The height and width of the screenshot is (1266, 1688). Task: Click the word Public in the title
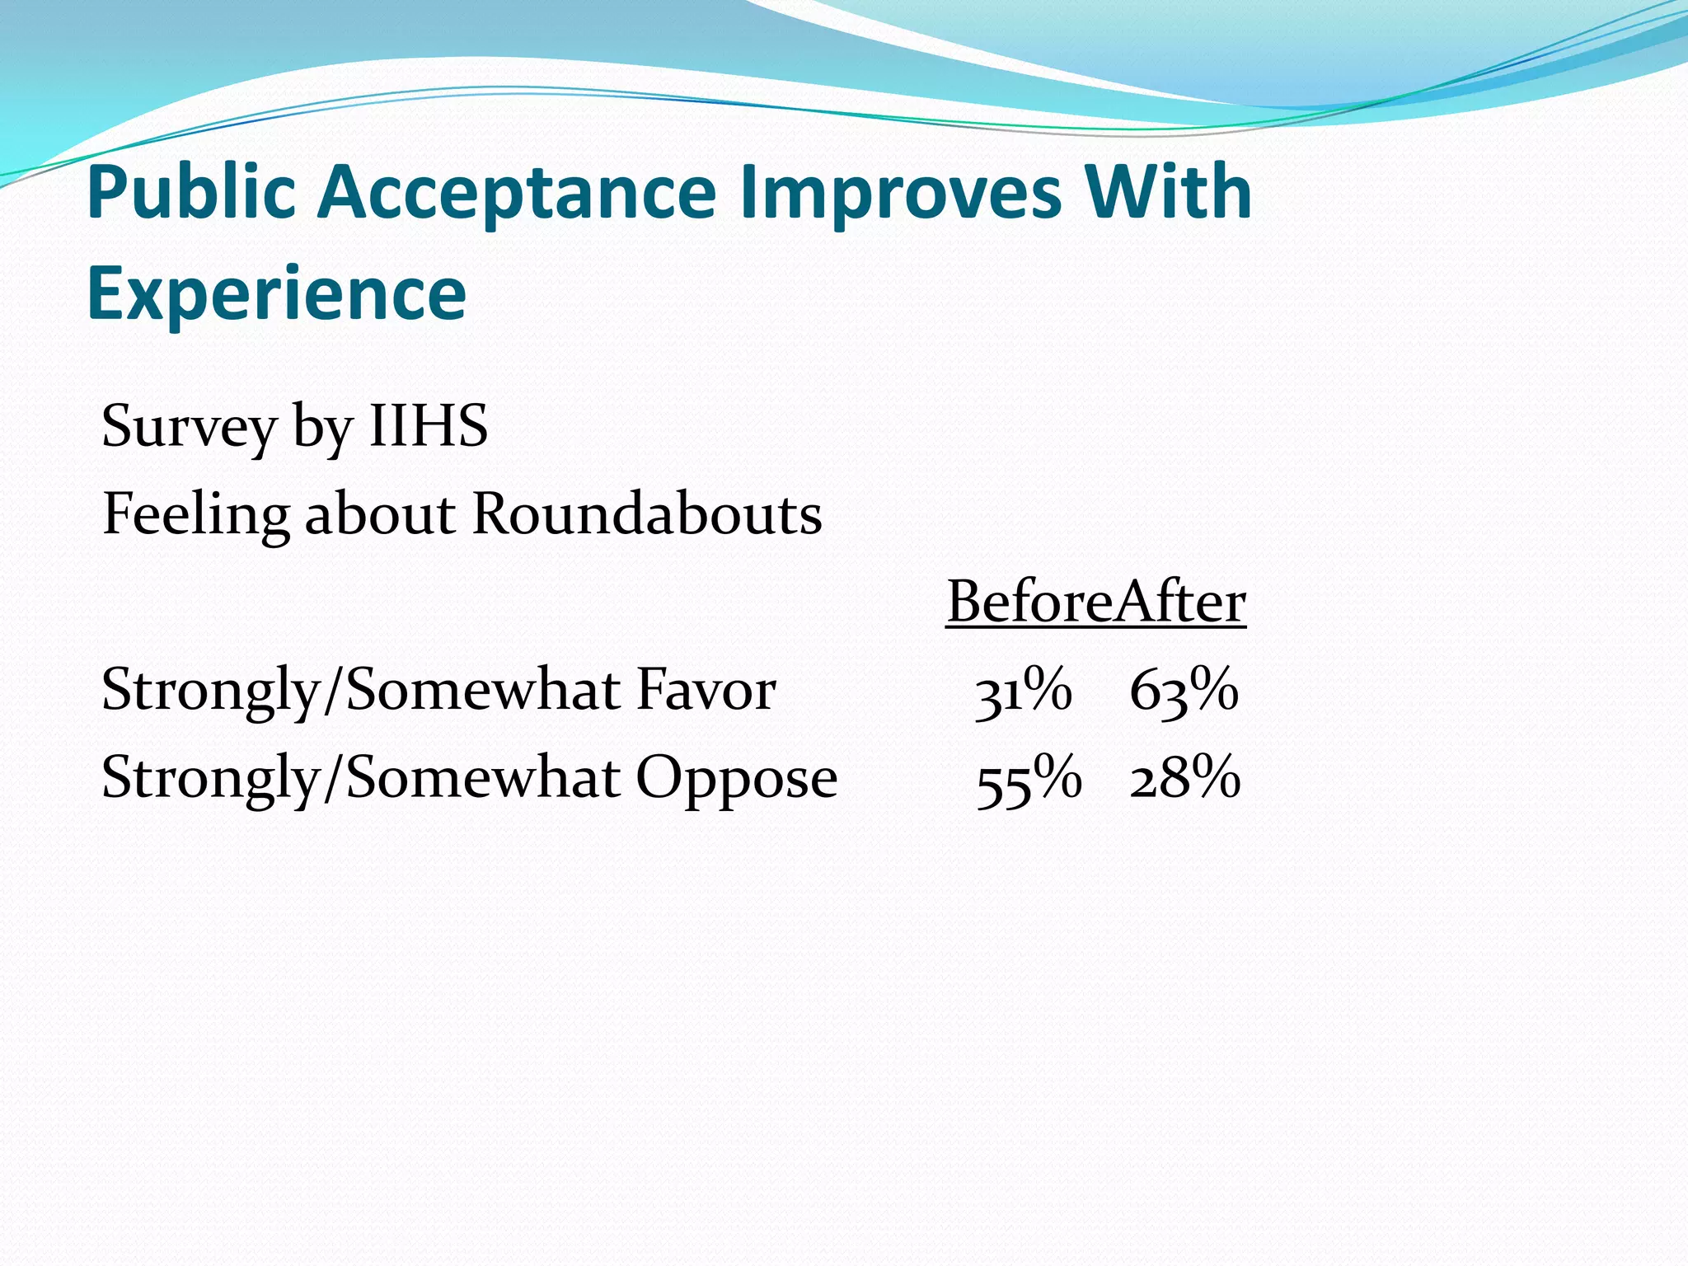click(x=191, y=193)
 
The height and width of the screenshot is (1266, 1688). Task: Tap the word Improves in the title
click(x=901, y=193)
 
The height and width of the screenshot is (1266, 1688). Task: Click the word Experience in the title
click(x=276, y=293)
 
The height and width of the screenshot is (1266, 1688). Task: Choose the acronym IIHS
click(x=428, y=426)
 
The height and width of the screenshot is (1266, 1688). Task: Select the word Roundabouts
click(x=647, y=514)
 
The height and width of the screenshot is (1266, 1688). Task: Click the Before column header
click(x=1029, y=602)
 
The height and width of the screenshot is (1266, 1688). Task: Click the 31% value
click(x=1023, y=691)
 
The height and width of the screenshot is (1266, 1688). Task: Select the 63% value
click(x=1184, y=691)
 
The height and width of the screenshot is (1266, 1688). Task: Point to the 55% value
click(x=1028, y=779)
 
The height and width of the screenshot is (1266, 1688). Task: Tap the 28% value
click(x=1184, y=779)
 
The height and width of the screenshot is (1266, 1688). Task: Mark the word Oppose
click(x=736, y=779)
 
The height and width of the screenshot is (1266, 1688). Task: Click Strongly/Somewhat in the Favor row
click(x=359, y=691)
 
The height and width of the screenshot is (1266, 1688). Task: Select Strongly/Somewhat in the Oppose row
click(x=359, y=779)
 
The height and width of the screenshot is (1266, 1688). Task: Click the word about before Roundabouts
click(x=380, y=514)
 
